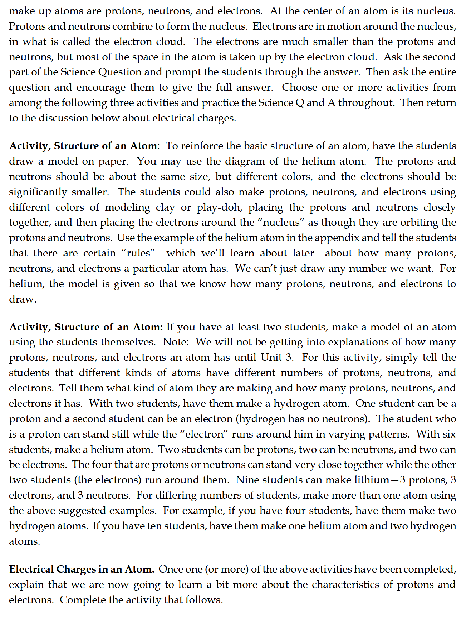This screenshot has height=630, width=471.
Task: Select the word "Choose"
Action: point(299,87)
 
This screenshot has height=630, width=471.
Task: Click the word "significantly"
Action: point(38,192)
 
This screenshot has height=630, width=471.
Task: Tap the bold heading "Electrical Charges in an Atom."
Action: point(82,569)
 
